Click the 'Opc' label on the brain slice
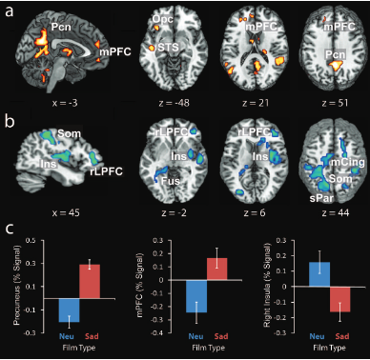(164, 18)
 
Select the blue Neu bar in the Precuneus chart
(69, 310)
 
